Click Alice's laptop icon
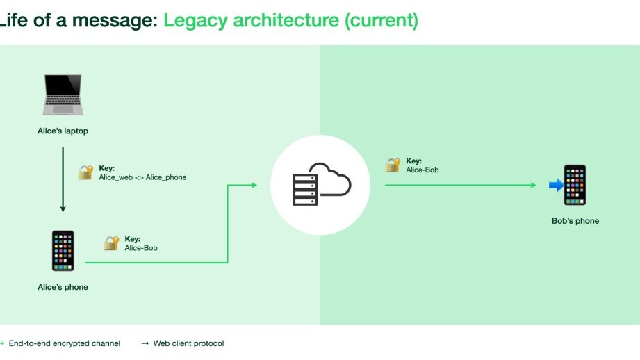[x=63, y=96]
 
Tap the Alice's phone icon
[x=63, y=251]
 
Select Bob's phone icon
[x=575, y=185]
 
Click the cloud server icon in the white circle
[x=320, y=185]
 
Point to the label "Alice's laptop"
[x=63, y=131]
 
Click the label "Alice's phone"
[x=63, y=287]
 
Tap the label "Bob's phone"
[x=575, y=221]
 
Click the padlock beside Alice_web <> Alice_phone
[x=85, y=172]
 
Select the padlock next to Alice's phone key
[x=111, y=243]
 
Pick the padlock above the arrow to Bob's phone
[x=393, y=165]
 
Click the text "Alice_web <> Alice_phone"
[x=142, y=177]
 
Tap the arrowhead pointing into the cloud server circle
[x=254, y=185]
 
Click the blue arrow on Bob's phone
[x=556, y=185]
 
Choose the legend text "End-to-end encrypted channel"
[x=65, y=343]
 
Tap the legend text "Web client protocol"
[x=188, y=343]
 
